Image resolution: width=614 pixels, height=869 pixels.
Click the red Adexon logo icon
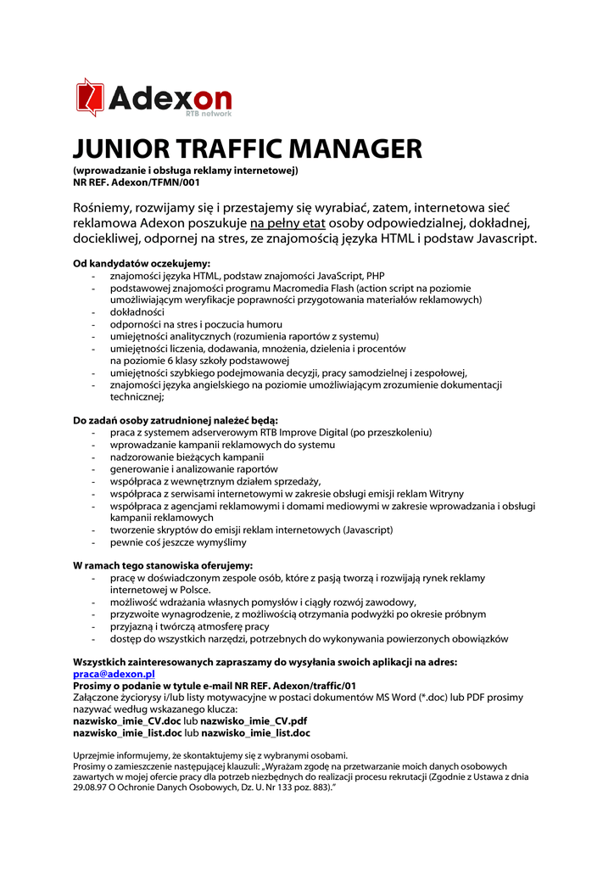(x=90, y=97)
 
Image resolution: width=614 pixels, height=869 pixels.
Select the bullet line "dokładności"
(x=137, y=311)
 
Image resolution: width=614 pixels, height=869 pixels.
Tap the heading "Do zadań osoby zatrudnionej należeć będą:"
(x=176, y=420)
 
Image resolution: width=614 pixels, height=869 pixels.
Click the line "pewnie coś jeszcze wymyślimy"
(x=178, y=542)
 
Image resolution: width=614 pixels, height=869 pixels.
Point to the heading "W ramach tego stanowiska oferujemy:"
(x=163, y=565)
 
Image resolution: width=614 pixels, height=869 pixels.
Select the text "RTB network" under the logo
(x=208, y=112)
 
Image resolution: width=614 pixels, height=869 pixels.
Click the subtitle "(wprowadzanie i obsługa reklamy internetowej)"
(x=185, y=170)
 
